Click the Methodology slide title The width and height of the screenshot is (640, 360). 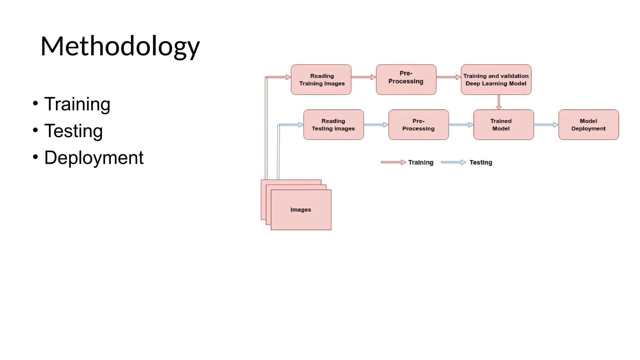[x=120, y=46]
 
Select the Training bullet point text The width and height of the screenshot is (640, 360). [x=77, y=104]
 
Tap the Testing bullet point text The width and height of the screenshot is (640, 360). [x=73, y=131]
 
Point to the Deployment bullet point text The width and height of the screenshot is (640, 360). [x=94, y=157]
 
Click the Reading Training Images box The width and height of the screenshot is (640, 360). [x=321, y=80]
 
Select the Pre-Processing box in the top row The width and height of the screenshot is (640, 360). [x=406, y=80]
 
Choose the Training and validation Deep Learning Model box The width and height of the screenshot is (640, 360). [x=496, y=80]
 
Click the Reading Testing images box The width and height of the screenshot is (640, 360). [x=333, y=125]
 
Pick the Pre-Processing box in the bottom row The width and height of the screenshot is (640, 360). [x=418, y=125]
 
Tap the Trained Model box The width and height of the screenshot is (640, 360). [x=503, y=125]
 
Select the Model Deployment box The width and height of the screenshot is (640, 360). [x=588, y=125]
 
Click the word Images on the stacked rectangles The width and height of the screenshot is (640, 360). [x=301, y=210]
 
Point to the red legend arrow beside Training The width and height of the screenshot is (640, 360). [x=393, y=162]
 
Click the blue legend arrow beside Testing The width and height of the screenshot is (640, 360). [x=453, y=162]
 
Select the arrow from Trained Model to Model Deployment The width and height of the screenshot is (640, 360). [x=546, y=125]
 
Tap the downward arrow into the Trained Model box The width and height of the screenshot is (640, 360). [x=499, y=102]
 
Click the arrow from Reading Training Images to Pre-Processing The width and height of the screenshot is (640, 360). [x=363, y=77]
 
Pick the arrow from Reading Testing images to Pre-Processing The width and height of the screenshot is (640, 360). [x=376, y=125]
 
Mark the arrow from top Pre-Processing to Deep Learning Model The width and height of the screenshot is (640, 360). [x=448, y=77]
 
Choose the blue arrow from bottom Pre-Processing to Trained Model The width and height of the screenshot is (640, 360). [x=461, y=125]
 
